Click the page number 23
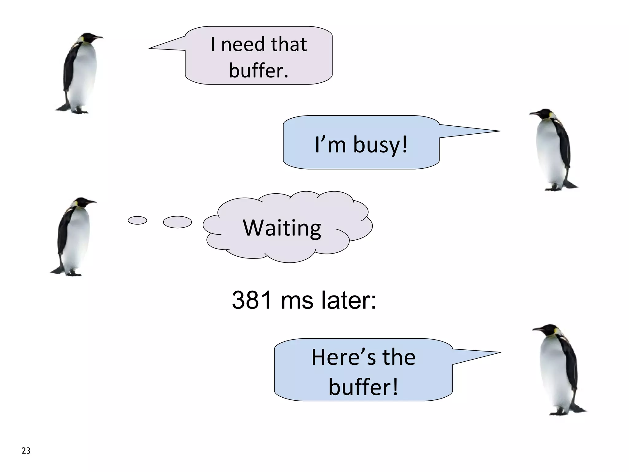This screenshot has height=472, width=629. point(26,450)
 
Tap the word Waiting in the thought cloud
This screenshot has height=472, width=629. point(282,228)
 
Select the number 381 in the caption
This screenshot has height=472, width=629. point(252,300)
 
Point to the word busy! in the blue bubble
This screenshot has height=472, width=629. point(380,144)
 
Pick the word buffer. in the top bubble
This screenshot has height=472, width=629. point(259,71)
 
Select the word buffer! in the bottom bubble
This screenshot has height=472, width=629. point(363,387)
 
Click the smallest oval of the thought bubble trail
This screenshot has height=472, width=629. point(137,220)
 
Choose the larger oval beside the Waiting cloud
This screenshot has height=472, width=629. point(177,222)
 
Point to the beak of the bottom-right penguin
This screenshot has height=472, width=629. point(537,329)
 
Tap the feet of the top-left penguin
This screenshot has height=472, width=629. point(74,109)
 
